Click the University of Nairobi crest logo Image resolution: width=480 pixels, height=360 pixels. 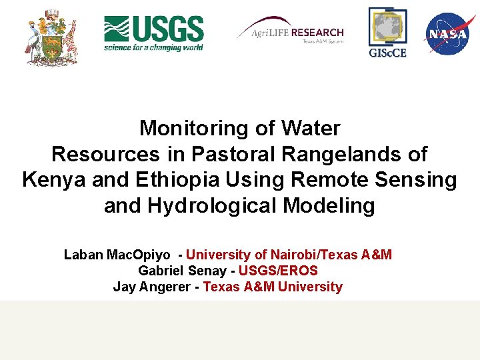click(x=51, y=37)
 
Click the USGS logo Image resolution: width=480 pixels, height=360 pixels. click(x=153, y=33)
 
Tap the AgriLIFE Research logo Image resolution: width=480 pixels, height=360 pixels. click(x=291, y=33)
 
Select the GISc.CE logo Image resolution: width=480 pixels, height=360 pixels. click(x=387, y=33)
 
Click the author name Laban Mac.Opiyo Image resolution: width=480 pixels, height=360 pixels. click(x=120, y=255)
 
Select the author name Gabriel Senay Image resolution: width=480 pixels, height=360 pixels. click(x=180, y=271)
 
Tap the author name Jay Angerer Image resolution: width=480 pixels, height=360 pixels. click(x=153, y=287)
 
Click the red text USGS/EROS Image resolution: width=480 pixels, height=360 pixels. click(x=278, y=271)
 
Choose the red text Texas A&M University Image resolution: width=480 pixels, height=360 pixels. click(x=273, y=287)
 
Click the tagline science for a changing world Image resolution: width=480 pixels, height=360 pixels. click(x=153, y=47)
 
